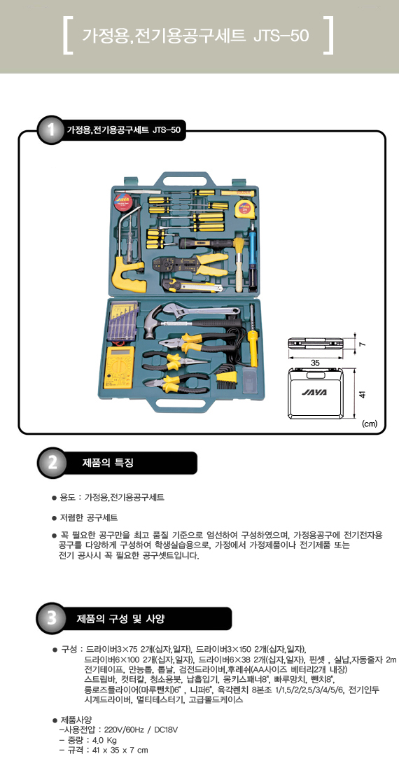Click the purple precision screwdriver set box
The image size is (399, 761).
pos(122,322)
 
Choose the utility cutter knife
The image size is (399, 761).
pos(192,285)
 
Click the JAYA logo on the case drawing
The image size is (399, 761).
pos(314,392)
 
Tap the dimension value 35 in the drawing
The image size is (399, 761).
pos(315,363)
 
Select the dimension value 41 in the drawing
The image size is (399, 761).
pos(361,393)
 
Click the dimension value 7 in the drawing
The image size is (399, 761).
pos(362,344)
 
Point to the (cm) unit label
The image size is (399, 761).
pos(370,424)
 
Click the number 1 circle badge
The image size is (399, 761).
pos(51,130)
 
